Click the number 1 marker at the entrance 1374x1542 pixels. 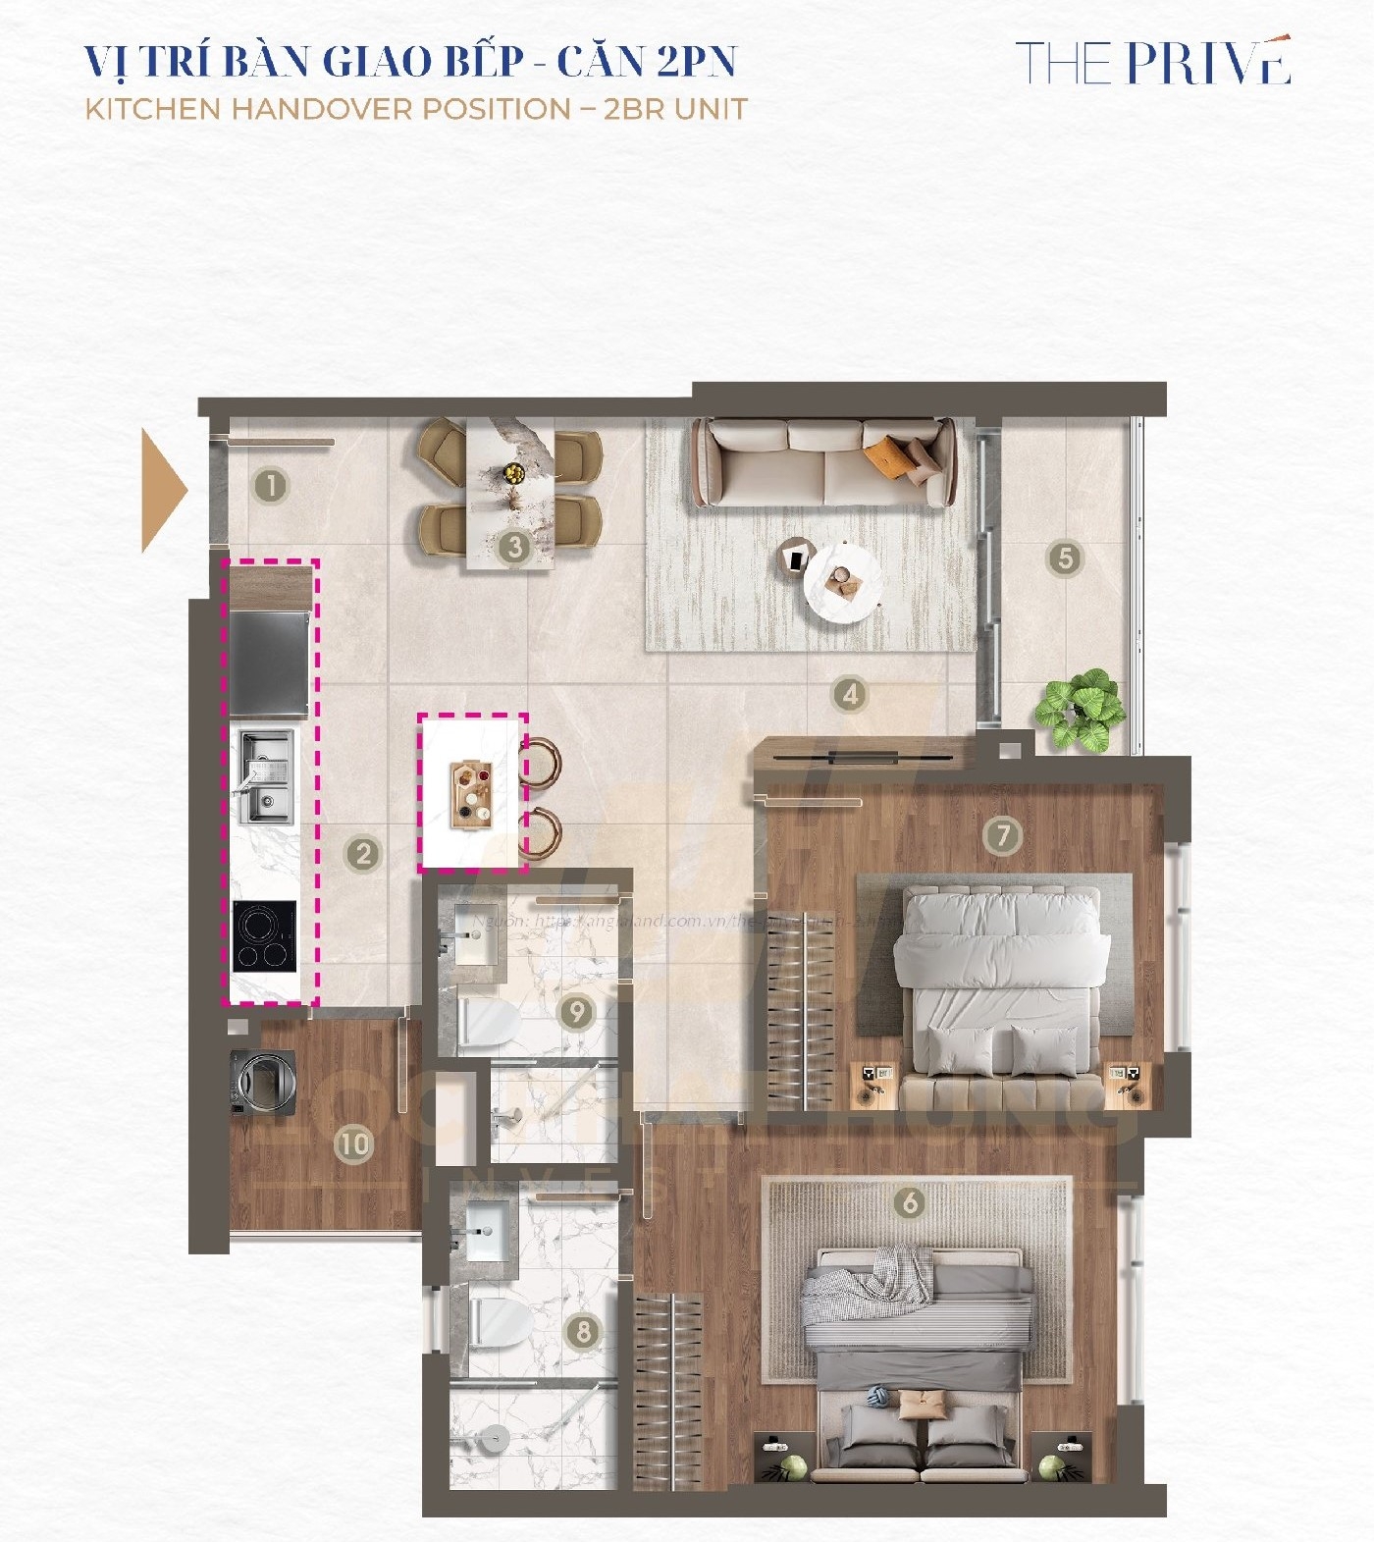point(270,485)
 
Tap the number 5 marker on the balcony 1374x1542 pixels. point(1065,558)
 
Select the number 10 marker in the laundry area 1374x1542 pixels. point(353,1143)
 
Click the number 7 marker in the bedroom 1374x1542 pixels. point(1002,835)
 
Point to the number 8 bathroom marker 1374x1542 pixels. point(583,1331)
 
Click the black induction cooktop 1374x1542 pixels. point(264,936)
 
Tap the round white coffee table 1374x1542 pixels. point(842,582)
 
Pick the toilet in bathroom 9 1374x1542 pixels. point(489,1024)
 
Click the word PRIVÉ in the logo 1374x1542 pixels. point(1207,63)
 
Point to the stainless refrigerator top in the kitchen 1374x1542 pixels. point(269,663)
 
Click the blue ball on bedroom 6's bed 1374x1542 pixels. point(876,1393)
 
